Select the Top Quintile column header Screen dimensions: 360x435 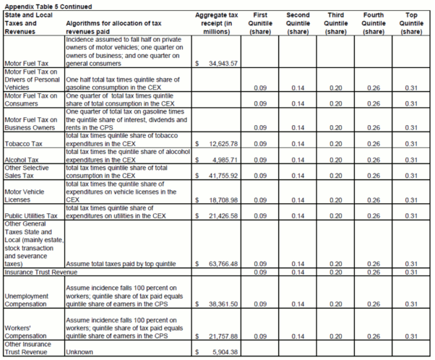411,22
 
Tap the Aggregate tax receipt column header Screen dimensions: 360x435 217,22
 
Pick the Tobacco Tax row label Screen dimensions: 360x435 24,144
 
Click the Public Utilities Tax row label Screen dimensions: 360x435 30,215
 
